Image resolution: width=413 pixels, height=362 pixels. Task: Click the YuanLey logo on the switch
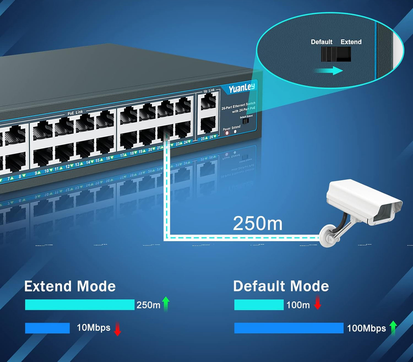point(242,88)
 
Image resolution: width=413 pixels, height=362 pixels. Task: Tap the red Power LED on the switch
point(227,133)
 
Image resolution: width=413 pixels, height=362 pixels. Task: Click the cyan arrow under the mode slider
point(329,71)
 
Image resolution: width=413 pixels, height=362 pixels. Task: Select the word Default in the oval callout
point(321,42)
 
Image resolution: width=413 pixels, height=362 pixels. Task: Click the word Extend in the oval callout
point(351,42)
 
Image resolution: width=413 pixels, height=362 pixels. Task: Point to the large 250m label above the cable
point(257,223)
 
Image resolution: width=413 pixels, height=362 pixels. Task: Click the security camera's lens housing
point(385,212)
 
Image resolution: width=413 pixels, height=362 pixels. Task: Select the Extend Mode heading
point(70,286)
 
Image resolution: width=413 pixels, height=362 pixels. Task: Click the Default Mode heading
point(281,286)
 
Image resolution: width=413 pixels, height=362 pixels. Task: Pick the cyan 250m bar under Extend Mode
point(80,305)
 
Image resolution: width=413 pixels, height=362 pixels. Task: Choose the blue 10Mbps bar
point(47,328)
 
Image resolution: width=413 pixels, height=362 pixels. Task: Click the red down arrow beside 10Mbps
point(118,329)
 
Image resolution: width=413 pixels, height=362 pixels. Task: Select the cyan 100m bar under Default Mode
point(259,305)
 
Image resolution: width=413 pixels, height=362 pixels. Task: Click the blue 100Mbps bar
point(289,328)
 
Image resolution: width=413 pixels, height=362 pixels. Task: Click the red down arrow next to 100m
point(318,302)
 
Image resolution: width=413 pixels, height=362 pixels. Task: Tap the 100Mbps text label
point(366,328)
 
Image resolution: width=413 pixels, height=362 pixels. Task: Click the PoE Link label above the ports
point(75,113)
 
